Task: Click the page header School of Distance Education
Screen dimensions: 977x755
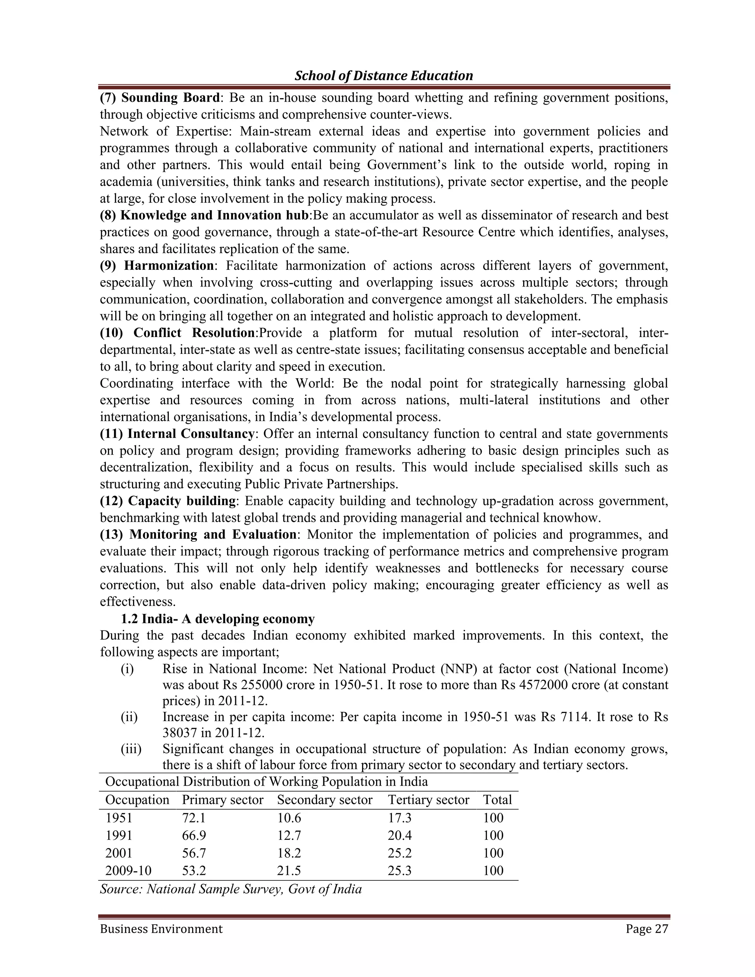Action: (x=383, y=76)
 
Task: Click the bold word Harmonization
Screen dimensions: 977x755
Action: (x=168, y=266)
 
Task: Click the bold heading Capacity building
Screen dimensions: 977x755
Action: (x=182, y=501)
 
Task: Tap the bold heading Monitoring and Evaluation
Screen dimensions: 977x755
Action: (x=212, y=534)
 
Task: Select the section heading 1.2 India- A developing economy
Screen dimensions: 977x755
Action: (x=218, y=619)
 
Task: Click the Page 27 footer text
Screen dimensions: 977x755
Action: (x=646, y=929)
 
